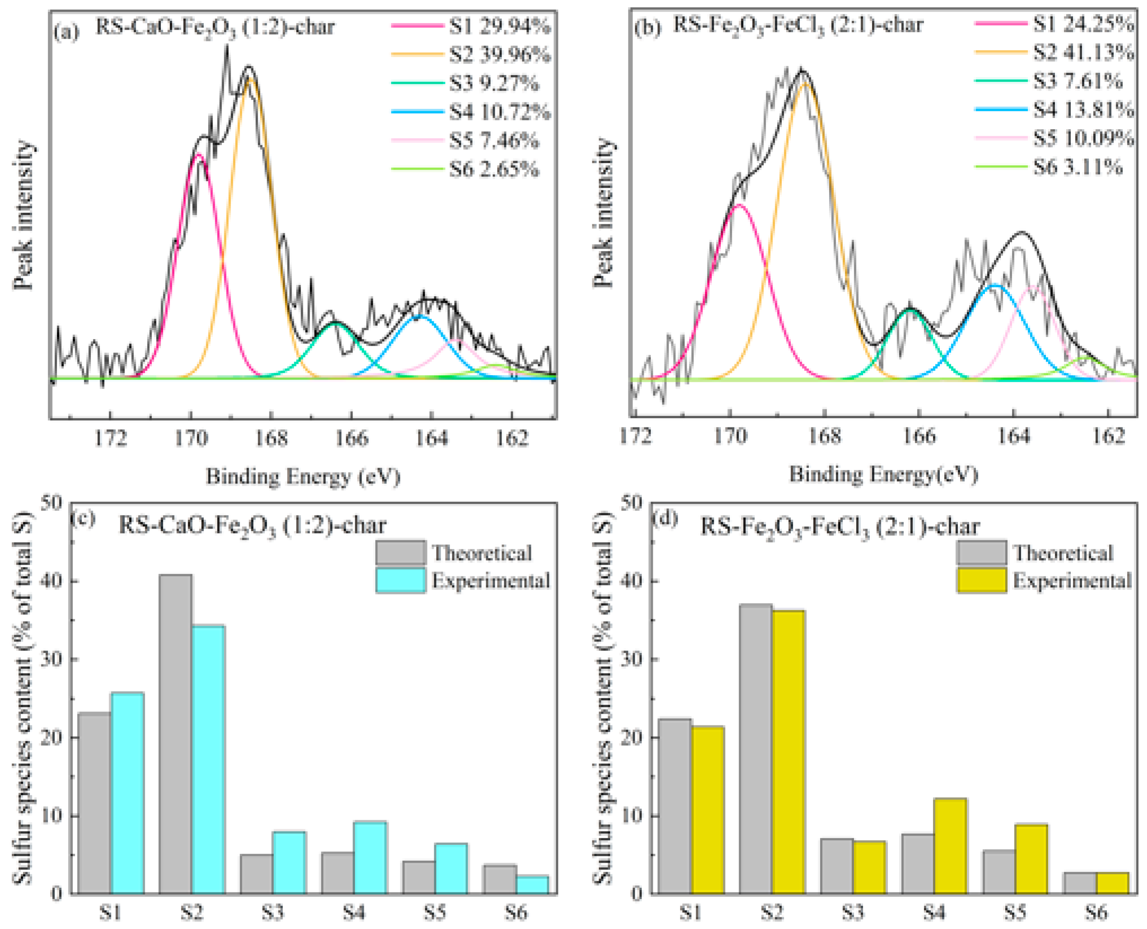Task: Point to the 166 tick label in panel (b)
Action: click(919, 436)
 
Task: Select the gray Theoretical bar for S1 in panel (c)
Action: click(95, 802)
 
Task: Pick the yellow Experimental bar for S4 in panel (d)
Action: click(950, 846)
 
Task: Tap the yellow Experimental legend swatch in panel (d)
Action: click(981, 581)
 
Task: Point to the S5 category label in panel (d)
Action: click(1014, 912)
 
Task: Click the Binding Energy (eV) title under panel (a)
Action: click(303, 476)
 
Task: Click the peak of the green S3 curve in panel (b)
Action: click(910, 309)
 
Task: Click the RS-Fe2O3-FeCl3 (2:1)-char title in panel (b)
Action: click(797, 25)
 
